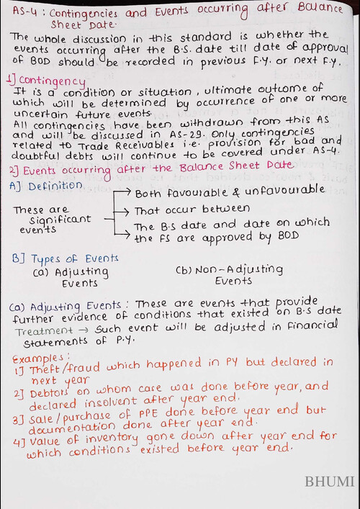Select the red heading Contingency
click(48, 79)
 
